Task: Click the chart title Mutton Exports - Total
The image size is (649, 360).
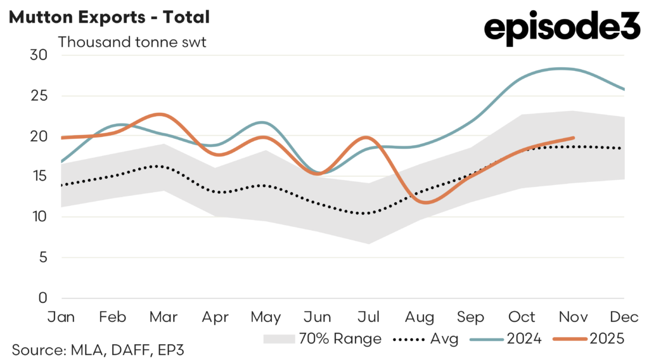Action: (x=108, y=18)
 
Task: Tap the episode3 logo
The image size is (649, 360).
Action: (x=562, y=29)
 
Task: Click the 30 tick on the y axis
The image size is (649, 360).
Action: (x=39, y=55)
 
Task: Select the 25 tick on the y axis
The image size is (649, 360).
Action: (x=39, y=96)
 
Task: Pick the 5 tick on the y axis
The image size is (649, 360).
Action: (x=42, y=257)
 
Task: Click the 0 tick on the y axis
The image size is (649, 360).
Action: (x=42, y=298)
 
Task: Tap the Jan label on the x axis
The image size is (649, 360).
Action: (x=61, y=316)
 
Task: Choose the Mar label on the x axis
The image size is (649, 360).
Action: (x=164, y=316)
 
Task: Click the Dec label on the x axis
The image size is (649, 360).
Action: (x=625, y=316)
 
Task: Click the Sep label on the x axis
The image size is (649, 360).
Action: (x=471, y=316)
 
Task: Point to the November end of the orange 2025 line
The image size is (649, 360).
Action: (x=573, y=138)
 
